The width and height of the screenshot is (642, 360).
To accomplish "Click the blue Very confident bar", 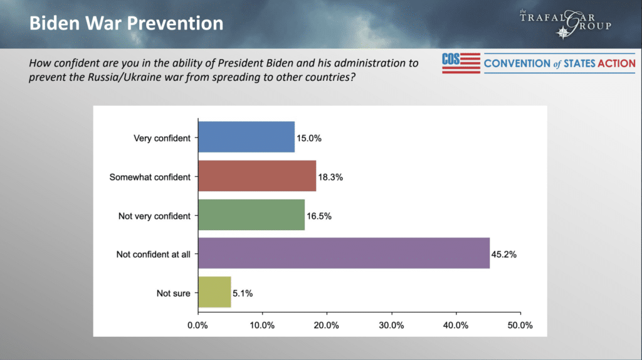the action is click(x=246, y=137).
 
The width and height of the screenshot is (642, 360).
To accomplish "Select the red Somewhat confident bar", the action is click(x=257, y=176).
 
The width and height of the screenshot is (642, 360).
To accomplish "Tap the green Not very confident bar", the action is click(x=251, y=214).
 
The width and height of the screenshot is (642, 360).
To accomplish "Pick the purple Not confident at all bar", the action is click(x=344, y=253).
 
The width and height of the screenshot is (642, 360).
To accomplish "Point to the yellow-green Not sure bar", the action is click(x=214, y=292).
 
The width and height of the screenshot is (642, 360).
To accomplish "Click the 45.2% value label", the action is click(x=504, y=255).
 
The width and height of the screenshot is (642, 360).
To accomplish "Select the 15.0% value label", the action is click(x=309, y=139).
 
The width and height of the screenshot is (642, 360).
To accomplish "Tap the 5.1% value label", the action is click(x=243, y=294).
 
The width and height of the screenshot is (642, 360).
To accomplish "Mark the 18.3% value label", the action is click(x=330, y=177).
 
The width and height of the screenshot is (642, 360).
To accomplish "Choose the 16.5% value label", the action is click(x=319, y=216).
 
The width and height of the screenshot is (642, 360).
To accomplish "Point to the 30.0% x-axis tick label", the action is click(x=391, y=325).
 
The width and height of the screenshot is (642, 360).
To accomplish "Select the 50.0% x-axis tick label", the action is click(x=520, y=325).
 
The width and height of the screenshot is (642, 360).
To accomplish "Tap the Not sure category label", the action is click(x=173, y=294).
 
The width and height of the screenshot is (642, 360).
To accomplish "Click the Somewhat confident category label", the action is click(x=150, y=177).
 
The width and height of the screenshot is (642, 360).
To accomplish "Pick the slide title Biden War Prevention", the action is click(x=126, y=23).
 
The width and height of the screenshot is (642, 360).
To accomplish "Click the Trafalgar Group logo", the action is click(x=566, y=23).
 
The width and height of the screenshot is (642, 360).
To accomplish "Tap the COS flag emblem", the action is click(x=461, y=63).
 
